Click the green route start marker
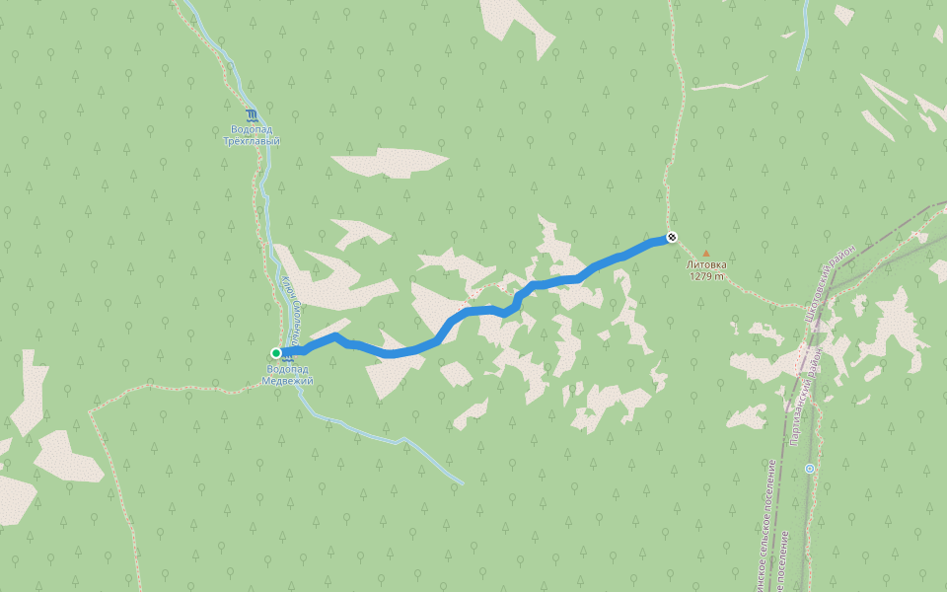(276, 352)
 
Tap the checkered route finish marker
(672, 237)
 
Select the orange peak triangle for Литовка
(705, 254)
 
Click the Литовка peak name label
(706, 264)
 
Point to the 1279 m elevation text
(706, 276)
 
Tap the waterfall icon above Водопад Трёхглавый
(252, 114)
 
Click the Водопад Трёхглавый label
(252, 135)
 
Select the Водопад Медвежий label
(289, 375)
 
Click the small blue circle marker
(809, 469)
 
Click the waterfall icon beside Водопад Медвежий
(288, 355)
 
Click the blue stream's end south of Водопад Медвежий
(461, 482)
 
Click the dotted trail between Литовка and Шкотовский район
(760, 296)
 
